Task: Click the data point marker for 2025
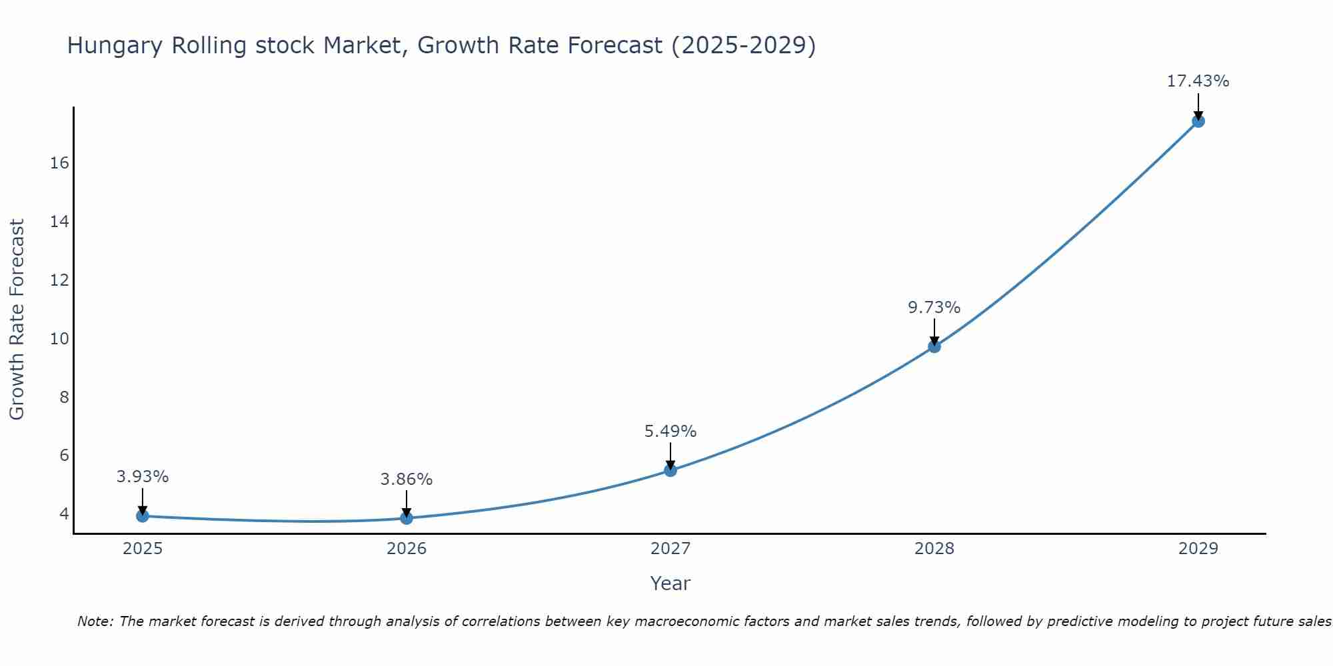coord(142,515)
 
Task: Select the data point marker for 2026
coord(407,517)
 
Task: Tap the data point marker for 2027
coord(670,470)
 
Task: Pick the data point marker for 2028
coord(934,346)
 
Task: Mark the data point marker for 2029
coord(1198,121)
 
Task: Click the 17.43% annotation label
coord(1198,81)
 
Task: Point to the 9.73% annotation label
coord(934,308)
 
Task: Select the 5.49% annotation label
coord(670,432)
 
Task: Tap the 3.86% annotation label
coord(407,480)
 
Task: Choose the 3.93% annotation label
coord(142,477)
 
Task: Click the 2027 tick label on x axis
coord(670,549)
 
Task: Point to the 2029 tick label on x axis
coord(1198,549)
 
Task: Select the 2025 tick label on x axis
coord(143,549)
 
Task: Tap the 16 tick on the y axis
coord(59,163)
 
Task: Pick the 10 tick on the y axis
coord(59,338)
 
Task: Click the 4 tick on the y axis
coord(64,513)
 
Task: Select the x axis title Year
coord(670,583)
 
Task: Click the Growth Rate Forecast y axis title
coord(17,320)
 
